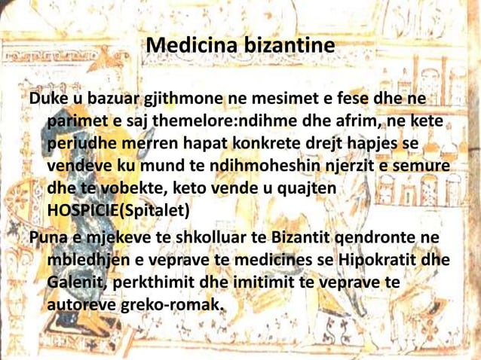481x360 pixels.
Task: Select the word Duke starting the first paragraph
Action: tap(47, 101)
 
